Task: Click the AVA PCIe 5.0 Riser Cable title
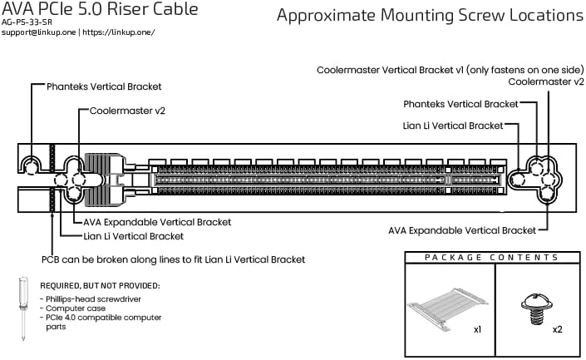coord(100,10)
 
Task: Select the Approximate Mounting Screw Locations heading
coord(429,16)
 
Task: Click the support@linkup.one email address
coord(39,32)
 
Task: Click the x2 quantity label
coord(557,329)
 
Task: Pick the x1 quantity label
coord(478,329)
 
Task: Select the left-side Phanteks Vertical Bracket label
coord(104,86)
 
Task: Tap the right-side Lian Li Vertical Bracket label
coord(452,126)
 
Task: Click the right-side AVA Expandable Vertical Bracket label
coord(462,229)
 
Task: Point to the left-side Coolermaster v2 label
coord(127,111)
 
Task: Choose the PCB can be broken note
coord(173,259)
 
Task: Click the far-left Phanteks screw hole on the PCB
coord(31,166)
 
